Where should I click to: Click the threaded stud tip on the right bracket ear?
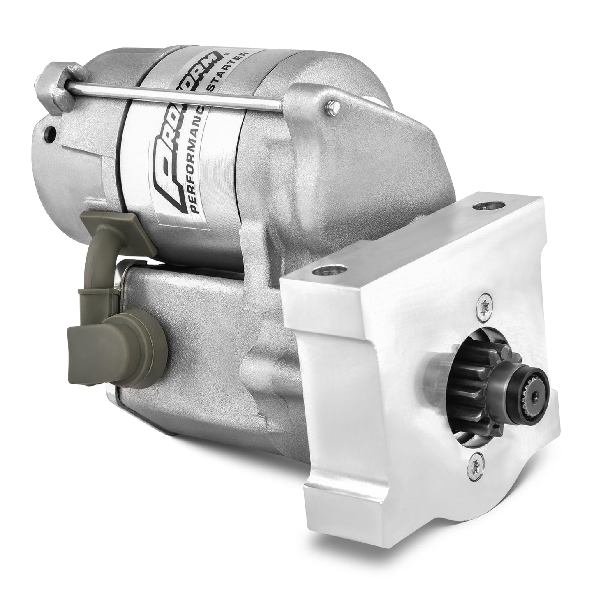click(333, 108)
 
